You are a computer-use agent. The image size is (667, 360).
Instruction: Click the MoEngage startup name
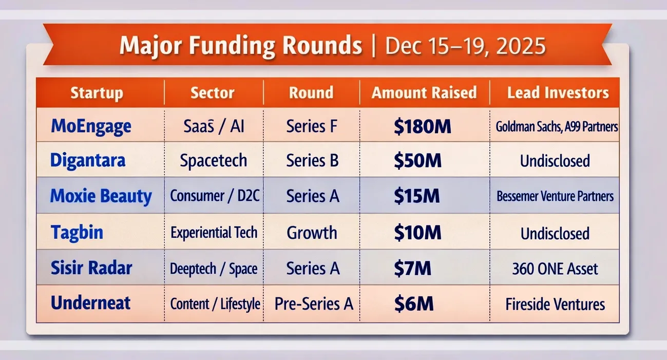(91, 126)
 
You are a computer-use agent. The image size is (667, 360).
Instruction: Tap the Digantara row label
(88, 161)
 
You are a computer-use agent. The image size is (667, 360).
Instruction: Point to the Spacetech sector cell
(213, 161)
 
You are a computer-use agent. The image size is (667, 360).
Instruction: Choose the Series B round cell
(312, 161)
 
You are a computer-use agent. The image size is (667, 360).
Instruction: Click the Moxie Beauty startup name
(101, 196)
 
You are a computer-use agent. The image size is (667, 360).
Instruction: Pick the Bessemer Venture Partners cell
(555, 196)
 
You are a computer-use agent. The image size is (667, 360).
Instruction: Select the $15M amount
(417, 196)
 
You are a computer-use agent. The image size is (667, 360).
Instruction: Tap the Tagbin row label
(77, 233)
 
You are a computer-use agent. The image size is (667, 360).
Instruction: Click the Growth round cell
(312, 233)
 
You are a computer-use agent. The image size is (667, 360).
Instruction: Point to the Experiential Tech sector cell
(214, 233)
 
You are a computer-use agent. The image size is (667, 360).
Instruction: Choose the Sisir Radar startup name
(91, 268)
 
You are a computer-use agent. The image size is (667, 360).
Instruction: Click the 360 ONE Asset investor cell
(555, 269)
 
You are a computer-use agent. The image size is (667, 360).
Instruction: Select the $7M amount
(412, 268)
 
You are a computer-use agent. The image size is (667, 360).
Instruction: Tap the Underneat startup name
(91, 303)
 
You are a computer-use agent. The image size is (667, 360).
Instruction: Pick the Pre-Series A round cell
(314, 304)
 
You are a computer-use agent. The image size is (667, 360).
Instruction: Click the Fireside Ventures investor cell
(555, 304)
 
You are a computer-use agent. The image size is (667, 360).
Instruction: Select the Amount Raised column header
(424, 93)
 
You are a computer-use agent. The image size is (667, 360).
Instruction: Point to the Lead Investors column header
(558, 93)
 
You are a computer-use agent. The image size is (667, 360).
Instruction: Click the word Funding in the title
(227, 46)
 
